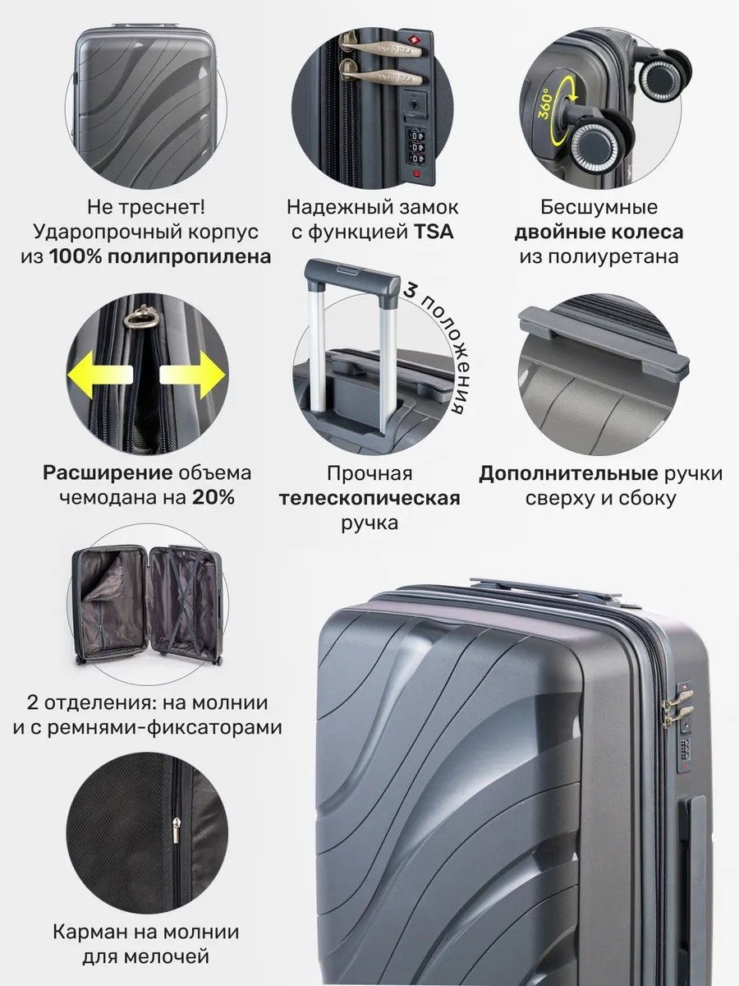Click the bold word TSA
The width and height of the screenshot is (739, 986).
coord(434,232)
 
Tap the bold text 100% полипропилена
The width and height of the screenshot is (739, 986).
coord(160,256)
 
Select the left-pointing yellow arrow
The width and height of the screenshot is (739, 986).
coord(100,374)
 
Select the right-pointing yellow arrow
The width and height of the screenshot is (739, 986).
coord(192,375)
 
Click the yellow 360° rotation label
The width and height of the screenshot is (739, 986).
coord(544,104)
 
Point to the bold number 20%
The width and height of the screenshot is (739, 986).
coord(213,497)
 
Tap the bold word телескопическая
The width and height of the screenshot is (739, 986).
coord(369,498)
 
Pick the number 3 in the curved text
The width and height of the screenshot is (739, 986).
coord(410,291)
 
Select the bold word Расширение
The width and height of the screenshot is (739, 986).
coord(108,473)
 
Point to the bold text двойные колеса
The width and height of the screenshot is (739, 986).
coord(599,232)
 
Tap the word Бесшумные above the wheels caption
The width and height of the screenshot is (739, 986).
coord(599,207)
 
